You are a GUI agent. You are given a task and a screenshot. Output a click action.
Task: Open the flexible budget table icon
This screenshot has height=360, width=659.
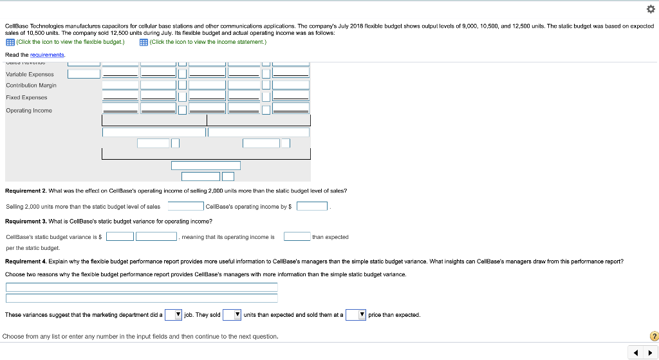[x=10, y=43]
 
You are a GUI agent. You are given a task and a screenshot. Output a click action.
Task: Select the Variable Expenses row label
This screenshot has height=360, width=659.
[x=30, y=74]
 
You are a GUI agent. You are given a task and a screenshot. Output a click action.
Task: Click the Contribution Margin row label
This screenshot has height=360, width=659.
[x=31, y=85]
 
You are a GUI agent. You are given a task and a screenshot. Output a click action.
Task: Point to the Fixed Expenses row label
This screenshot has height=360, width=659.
[x=26, y=97]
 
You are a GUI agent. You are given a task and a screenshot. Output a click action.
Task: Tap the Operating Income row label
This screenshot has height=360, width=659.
[x=29, y=110]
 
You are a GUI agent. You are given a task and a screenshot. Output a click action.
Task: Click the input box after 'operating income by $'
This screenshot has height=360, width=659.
[x=312, y=207]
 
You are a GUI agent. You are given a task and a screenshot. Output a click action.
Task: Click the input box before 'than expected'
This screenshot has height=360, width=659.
[x=297, y=237]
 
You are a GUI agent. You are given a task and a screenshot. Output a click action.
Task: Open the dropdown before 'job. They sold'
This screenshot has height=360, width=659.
[x=173, y=315]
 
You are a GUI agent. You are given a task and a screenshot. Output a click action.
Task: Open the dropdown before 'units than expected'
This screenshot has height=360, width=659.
[x=232, y=315]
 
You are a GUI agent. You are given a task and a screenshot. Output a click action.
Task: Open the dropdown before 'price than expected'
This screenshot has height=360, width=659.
[x=355, y=315]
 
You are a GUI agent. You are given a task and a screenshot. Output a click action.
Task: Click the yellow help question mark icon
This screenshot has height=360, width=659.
[x=654, y=336]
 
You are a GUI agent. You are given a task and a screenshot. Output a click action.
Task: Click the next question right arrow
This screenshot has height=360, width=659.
[x=648, y=352]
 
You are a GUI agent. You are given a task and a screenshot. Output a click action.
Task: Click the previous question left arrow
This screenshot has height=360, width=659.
[x=635, y=352]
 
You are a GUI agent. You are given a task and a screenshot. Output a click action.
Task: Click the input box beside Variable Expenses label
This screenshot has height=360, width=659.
[x=84, y=74]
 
